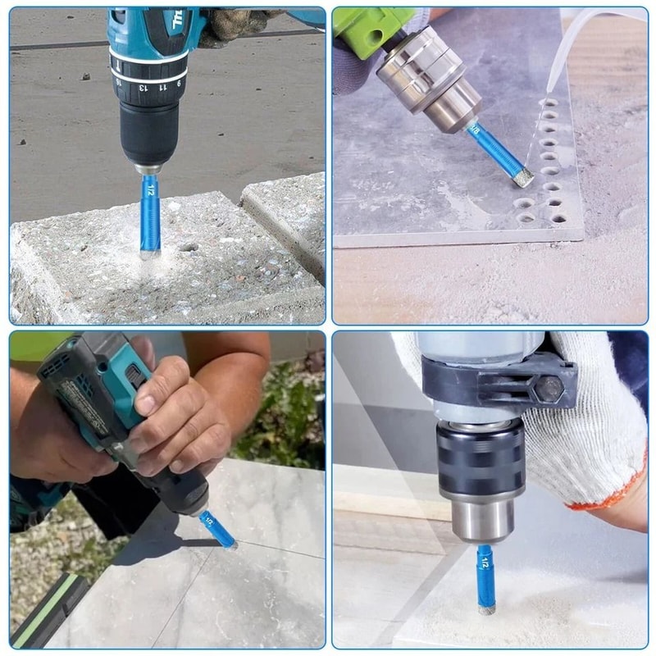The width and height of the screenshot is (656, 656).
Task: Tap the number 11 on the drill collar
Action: (x=161, y=85)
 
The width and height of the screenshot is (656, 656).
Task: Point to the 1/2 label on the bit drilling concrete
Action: (x=149, y=190)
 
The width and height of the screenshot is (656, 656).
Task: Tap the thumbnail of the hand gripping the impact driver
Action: (x=145, y=404)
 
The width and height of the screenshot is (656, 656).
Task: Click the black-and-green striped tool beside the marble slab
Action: (x=49, y=607)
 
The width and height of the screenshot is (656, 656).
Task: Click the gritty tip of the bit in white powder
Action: (x=486, y=608)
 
